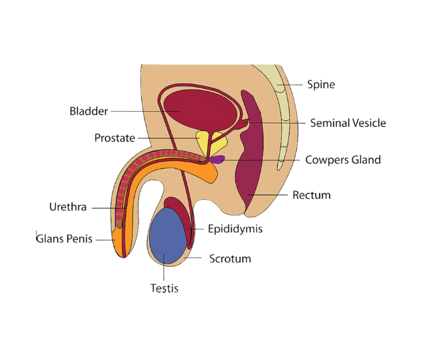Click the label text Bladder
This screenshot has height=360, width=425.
point(88,111)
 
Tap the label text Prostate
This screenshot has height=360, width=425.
point(114,138)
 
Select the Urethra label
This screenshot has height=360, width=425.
point(68,207)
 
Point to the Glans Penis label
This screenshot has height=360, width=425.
point(65,239)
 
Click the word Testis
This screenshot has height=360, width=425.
point(164,287)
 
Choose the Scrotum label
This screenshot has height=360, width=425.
point(230,259)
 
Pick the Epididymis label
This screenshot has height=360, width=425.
point(235,229)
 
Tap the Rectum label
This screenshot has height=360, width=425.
point(311,195)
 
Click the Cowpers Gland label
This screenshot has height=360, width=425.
point(344,160)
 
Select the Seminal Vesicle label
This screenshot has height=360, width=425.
point(348,123)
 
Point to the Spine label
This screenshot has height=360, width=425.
point(321,84)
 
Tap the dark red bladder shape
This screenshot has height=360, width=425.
point(199,108)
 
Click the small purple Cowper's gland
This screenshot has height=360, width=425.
point(217,159)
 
